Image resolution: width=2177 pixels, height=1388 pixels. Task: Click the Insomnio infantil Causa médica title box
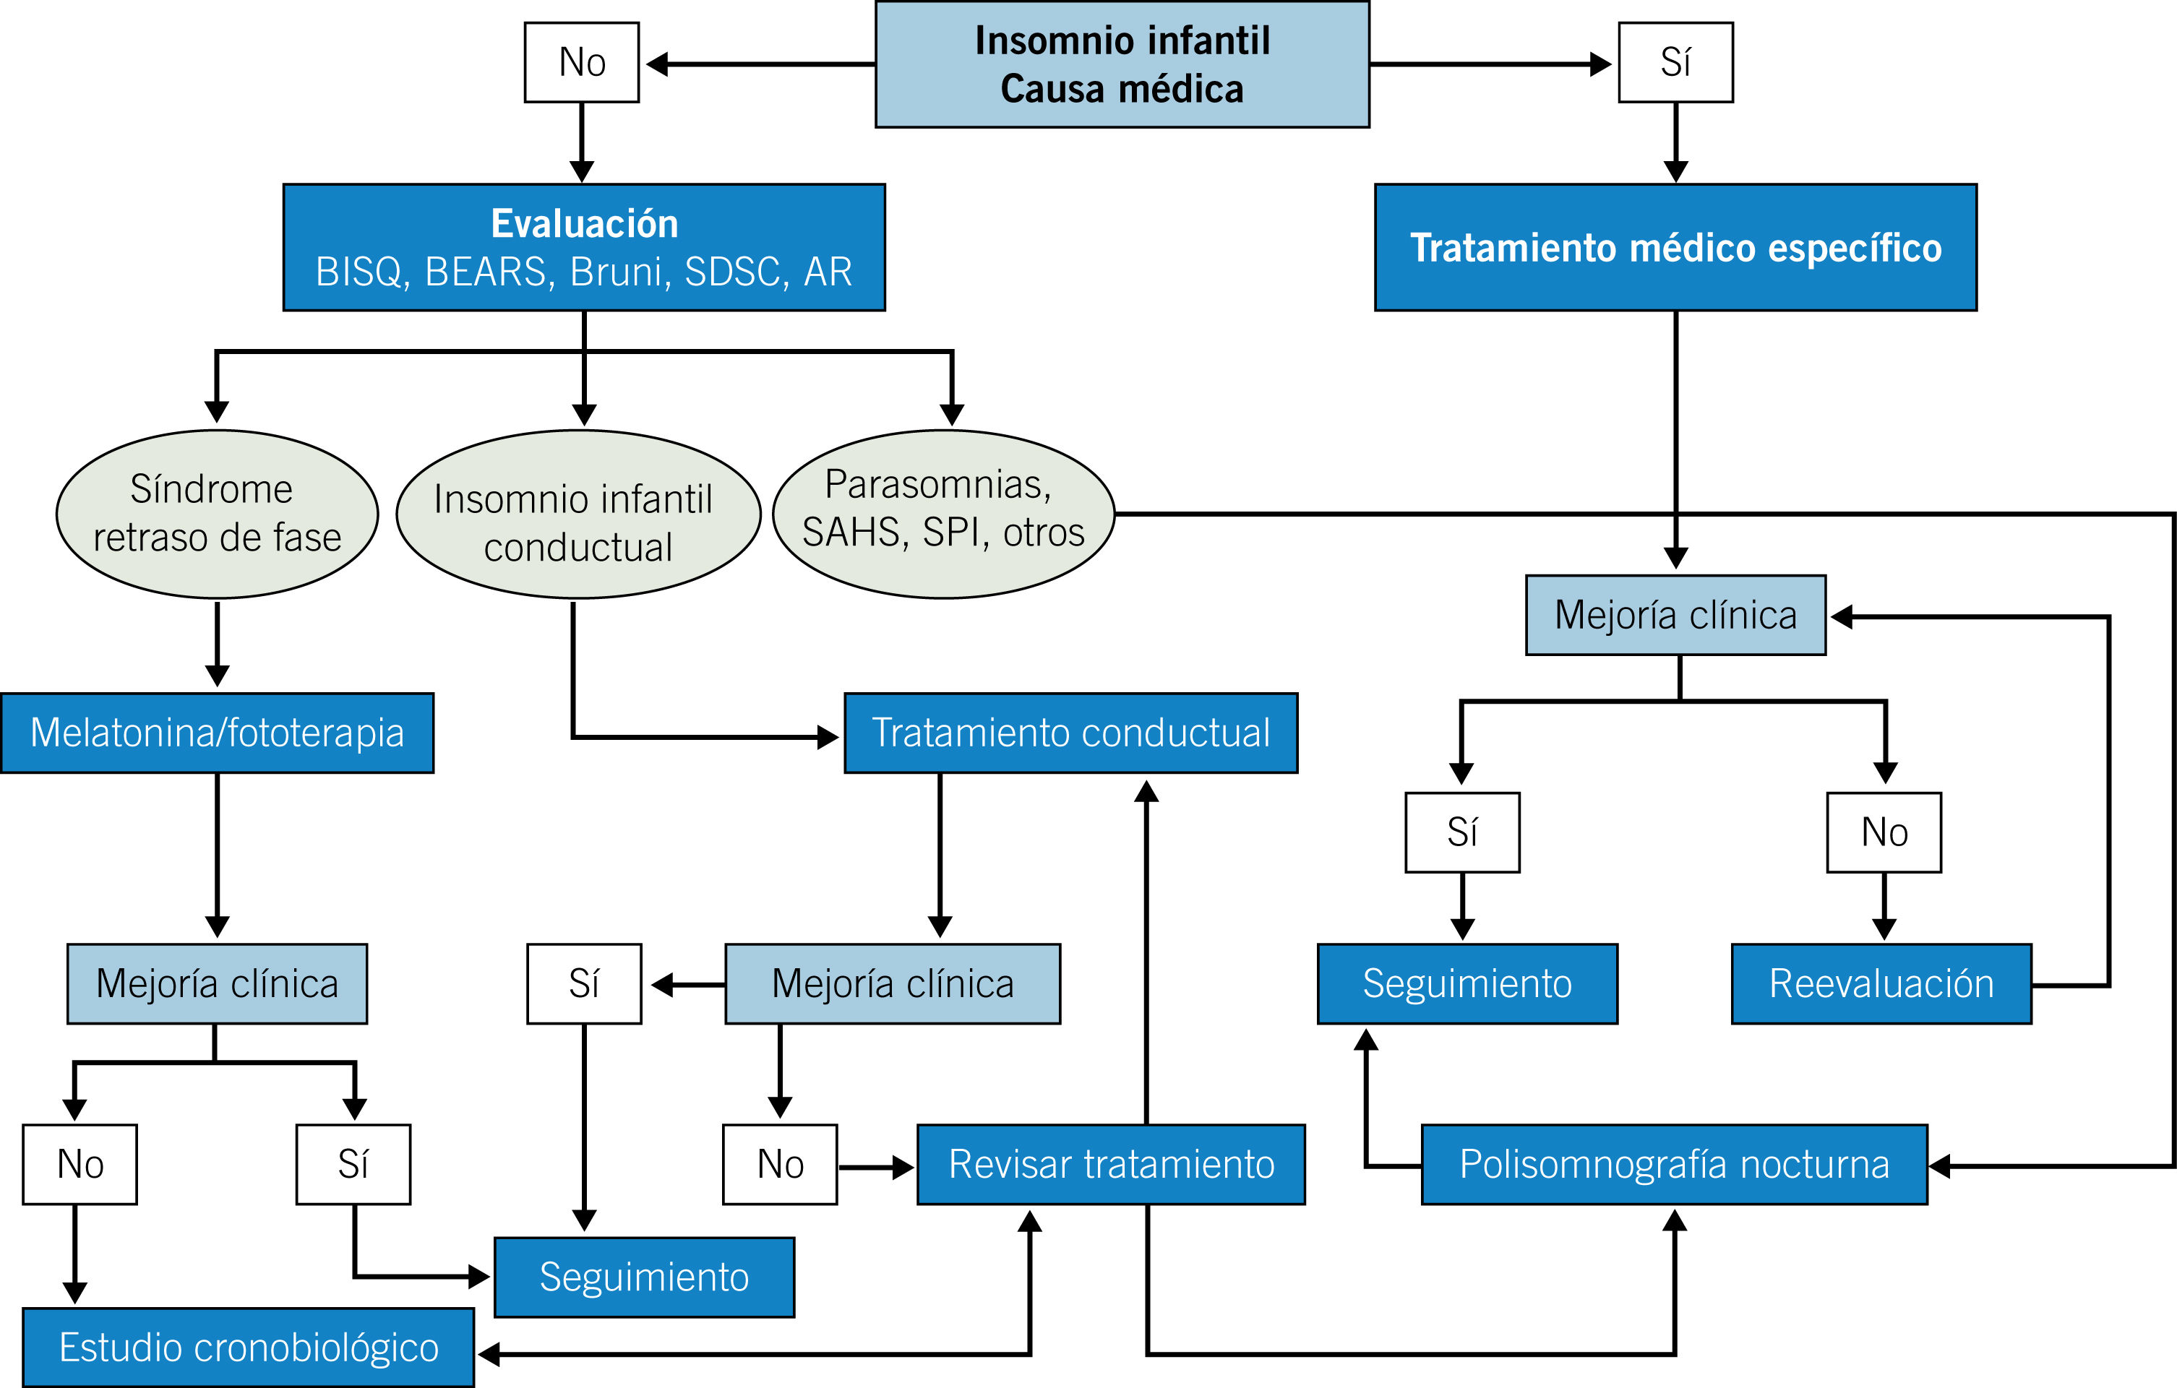[x=1122, y=64]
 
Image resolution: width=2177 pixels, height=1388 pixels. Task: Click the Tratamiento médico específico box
[x=1675, y=248]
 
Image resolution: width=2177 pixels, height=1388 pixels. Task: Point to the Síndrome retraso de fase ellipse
[x=217, y=513]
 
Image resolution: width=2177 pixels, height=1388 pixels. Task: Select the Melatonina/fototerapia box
[x=217, y=733]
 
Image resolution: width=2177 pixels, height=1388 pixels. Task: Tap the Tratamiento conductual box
[x=1070, y=733]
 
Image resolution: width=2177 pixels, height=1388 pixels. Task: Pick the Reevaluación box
[x=1881, y=983]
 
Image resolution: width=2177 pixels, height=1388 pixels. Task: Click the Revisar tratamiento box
[x=1110, y=1164]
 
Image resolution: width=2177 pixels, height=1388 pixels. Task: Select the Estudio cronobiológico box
[x=248, y=1348]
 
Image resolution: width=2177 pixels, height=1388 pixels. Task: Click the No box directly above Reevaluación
[x=1884, y=832]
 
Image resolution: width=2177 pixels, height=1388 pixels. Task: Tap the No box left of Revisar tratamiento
[x=780, y=1164]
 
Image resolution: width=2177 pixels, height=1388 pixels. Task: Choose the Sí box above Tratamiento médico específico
[x=1675, y=62]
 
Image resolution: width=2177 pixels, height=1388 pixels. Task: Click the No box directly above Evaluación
[x=581, y=62]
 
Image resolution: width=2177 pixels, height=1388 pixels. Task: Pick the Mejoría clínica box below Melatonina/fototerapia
[x=217, y=983]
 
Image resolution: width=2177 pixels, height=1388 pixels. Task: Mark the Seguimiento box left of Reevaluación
[x=1467, y=983]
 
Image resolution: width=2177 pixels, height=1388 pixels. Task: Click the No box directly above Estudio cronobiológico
[x=80, y=1164]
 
